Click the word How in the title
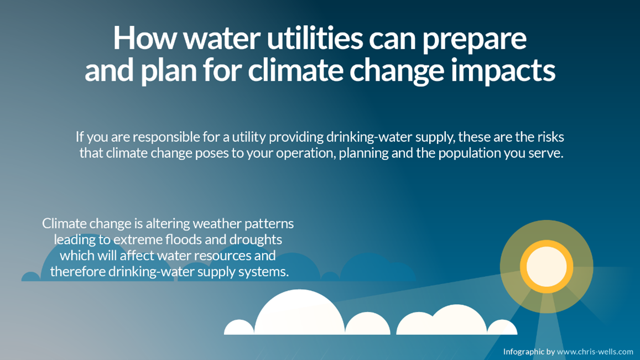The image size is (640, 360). click(x=145, y=38)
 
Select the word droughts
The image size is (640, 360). click(x=256, y=240)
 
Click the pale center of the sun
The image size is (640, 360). click(x=547, y=267)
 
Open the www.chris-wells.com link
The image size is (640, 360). click(x=595, y=352)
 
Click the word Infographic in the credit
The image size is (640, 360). click(x=524, y=352)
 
